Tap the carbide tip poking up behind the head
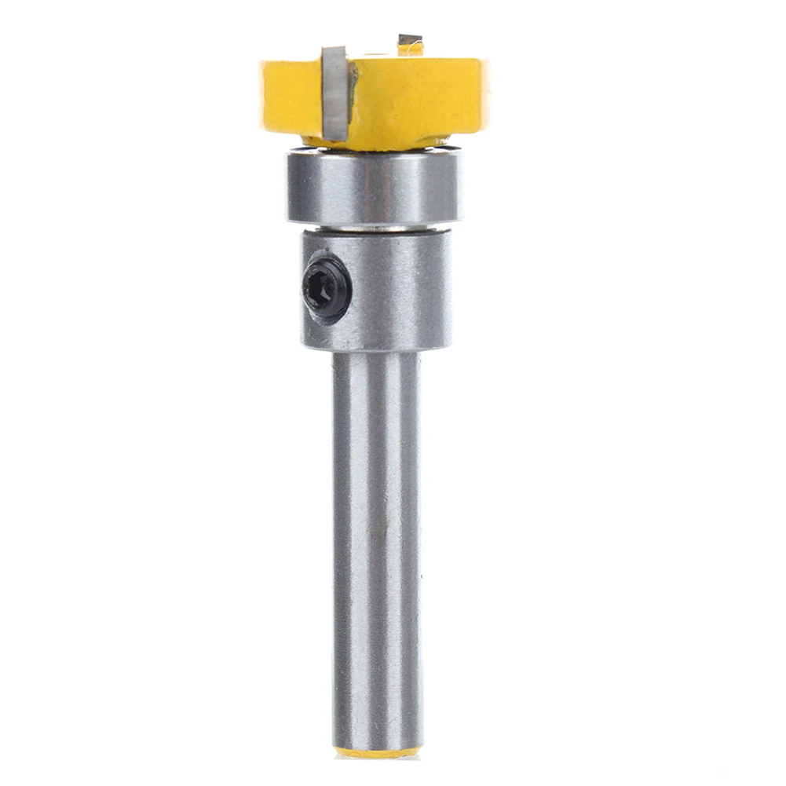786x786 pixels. pos(410,40)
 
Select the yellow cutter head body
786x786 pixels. pos(416,98)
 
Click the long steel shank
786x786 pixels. pos(375,550)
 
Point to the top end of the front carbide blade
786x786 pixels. pos(333,52)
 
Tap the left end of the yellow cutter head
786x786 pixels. pos(265,94)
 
